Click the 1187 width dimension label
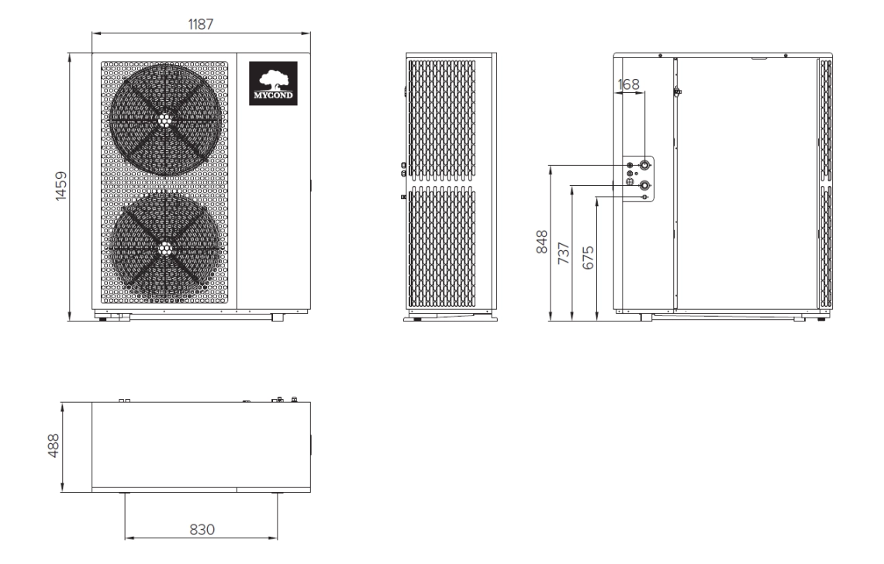[x=201, y=23]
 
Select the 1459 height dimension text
[x=60, y=186]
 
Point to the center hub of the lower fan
[x=164, y=248]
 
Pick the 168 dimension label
[x=630, y=83]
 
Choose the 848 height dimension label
[x=542, y=242]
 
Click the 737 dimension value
[x=565, y=253]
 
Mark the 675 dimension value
[x=588, y=256]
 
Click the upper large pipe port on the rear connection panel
[x=644, y=166]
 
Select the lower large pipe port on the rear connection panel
[x=644, y=184]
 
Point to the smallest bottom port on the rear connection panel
[x=644, y=197]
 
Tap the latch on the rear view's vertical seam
[x=677, y=92]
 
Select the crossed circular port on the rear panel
[x=630, y=184]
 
